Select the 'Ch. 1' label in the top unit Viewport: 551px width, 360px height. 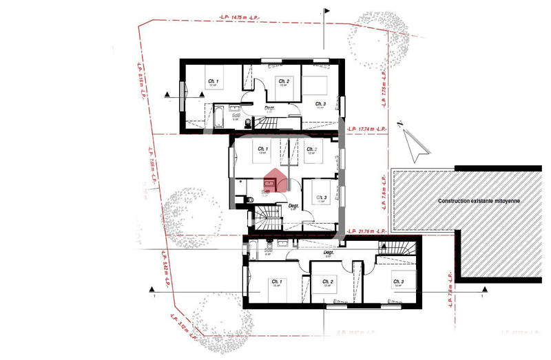click(214, 82)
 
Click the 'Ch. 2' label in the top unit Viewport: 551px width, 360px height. click(282, 81)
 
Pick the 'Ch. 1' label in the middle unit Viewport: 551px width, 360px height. click(262, 149)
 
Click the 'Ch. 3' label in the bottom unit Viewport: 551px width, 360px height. click(398, 282)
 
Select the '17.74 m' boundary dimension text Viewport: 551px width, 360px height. click(366, 129)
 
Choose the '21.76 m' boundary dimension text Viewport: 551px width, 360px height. click(366, 231)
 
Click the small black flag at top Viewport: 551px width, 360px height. click(326, 10)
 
